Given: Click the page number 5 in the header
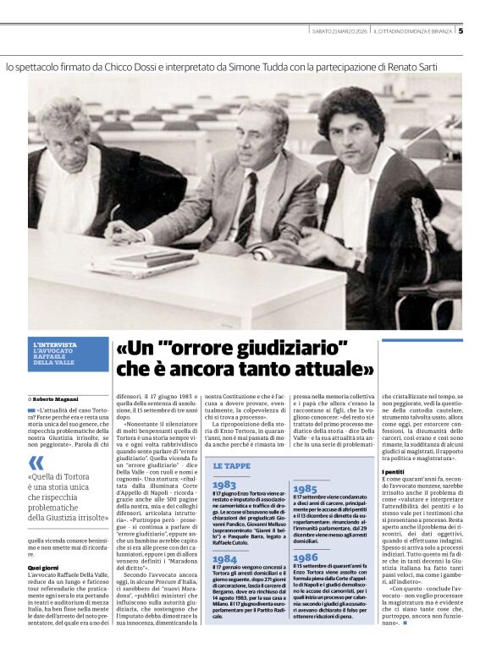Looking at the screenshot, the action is [461, 31].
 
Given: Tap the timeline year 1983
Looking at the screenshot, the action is [224, 485].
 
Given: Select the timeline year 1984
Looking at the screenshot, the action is [224, 560].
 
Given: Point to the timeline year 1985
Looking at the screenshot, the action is [305, 489].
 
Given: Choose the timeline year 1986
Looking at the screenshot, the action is [305, 558].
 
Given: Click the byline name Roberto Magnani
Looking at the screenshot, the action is [57, 398].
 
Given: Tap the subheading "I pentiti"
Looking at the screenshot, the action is [393, 471].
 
